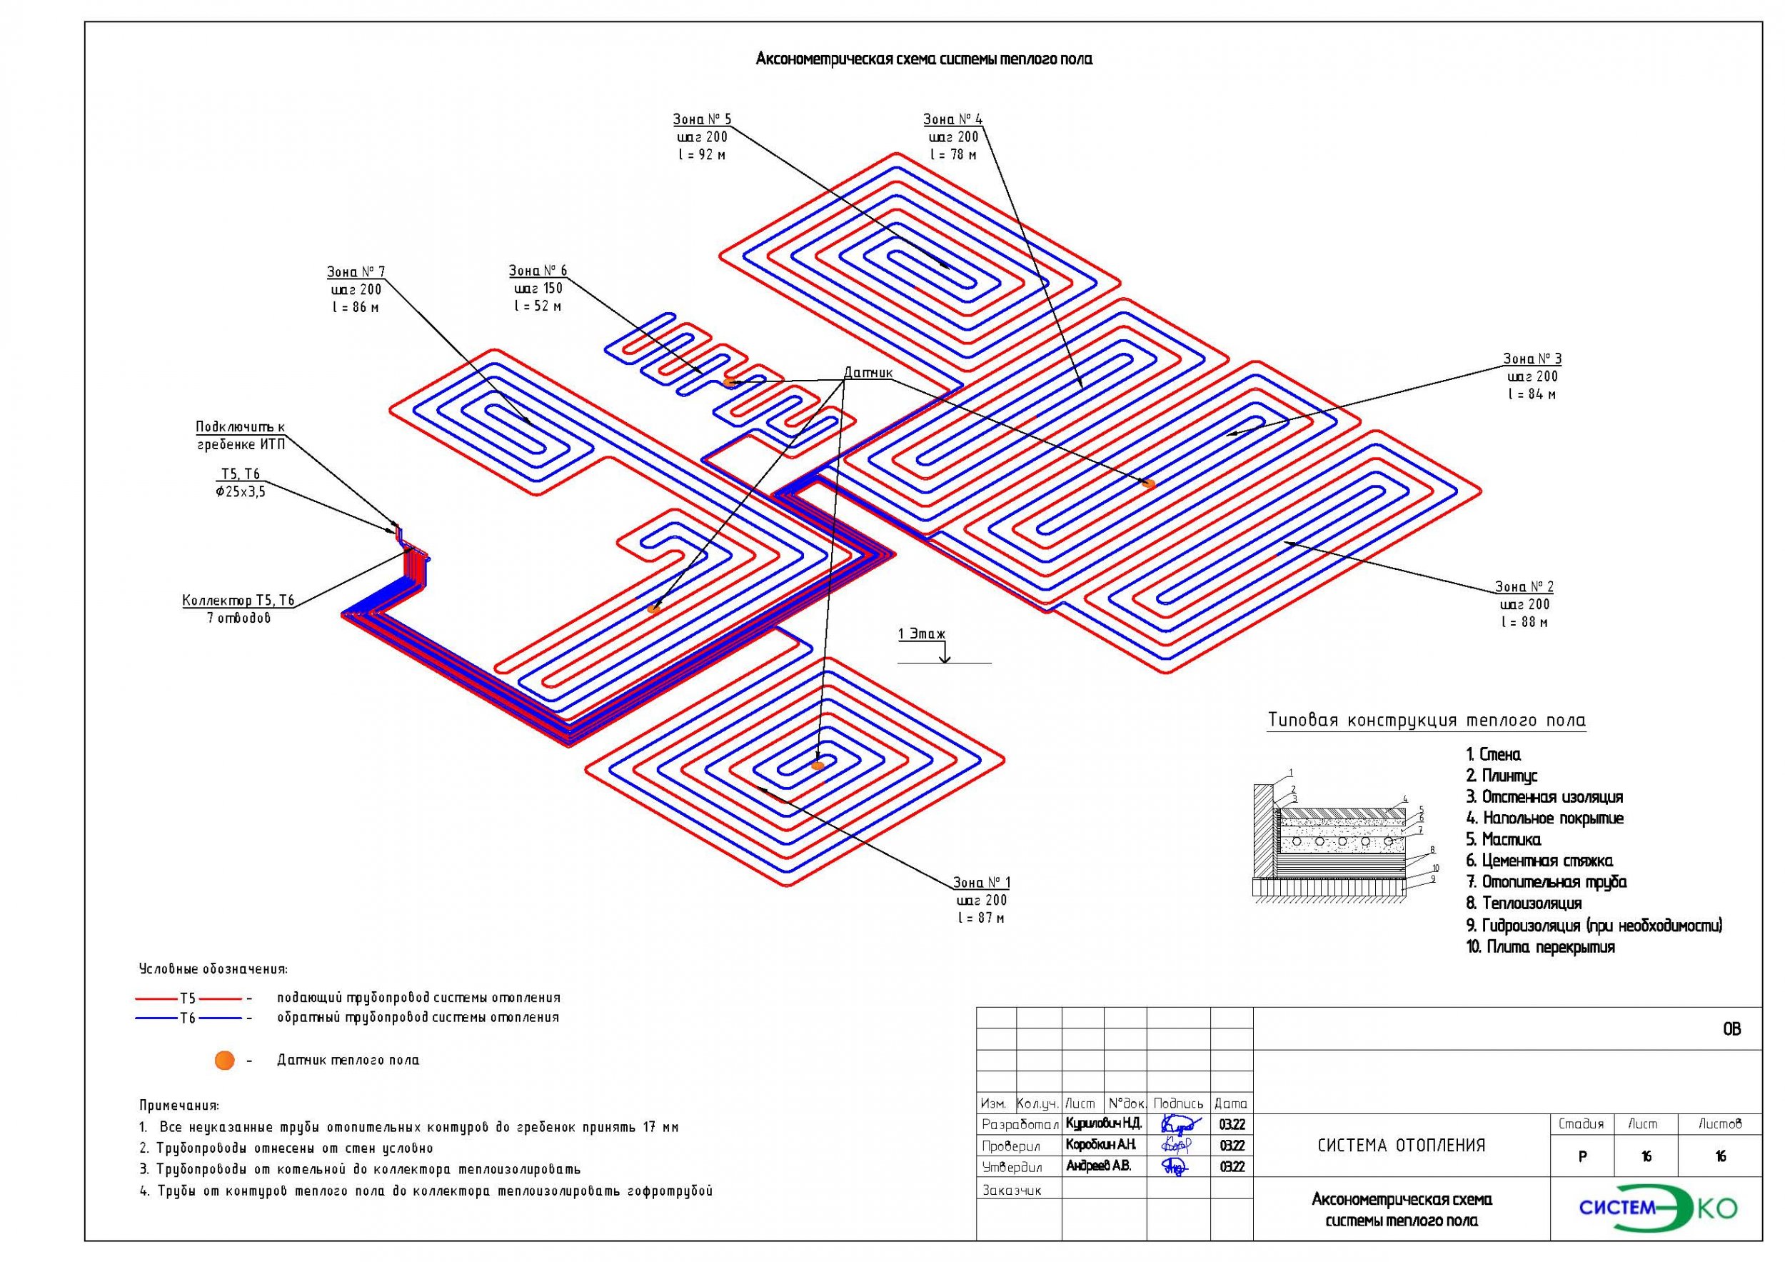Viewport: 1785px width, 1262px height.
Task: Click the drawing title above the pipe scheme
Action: pyautogui.click(x=924, y=59)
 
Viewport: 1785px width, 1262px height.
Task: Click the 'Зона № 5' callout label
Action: pyautogui.click(x=701, y=119)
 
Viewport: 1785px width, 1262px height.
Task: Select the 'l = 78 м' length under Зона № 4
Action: pyautogui.click(x=952, y=155)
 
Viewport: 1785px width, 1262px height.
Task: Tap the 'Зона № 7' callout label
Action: pyautogui.click(x=356, y=271)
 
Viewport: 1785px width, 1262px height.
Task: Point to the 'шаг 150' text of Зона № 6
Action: pyautogui.click(x=538, y=289)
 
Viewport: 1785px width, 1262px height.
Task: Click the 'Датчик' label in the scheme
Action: pyautogui.click(x=868, y=374)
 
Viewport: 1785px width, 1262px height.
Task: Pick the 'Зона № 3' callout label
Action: pyautogui.click(x=1532, y=359)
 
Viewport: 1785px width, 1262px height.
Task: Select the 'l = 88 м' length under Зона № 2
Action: pyautogui.click(x=1524, y=622)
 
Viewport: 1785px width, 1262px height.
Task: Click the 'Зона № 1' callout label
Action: pyautogui.click(x=981, y=883)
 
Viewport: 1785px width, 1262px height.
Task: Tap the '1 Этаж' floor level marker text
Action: pyautogui.click(x=922, y=633)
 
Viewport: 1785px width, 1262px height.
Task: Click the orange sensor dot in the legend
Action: pyautogui.click(x=225, y=1060)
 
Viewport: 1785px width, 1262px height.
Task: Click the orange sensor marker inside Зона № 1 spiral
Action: pyautogui.click(x=817, y=766)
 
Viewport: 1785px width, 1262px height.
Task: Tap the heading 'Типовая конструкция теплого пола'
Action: pyautogui.click(x=1427, y=720)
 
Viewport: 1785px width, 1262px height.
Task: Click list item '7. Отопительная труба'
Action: pyautogui.click(x=1547, y=882)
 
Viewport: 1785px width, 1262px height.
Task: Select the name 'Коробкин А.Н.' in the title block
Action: pyautogui.click(x=1101, y=1145)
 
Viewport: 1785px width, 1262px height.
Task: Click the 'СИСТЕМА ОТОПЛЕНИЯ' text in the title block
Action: pyautogui.click(x=1402, y=1146)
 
